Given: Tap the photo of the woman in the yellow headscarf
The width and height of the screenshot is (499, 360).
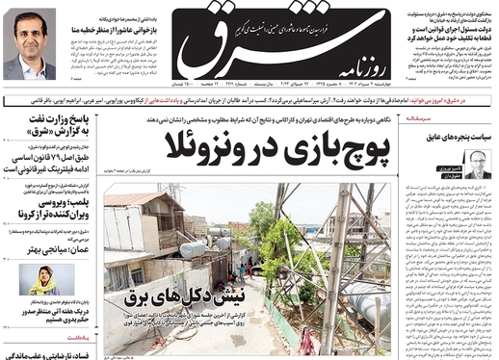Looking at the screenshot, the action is [43, 279].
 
